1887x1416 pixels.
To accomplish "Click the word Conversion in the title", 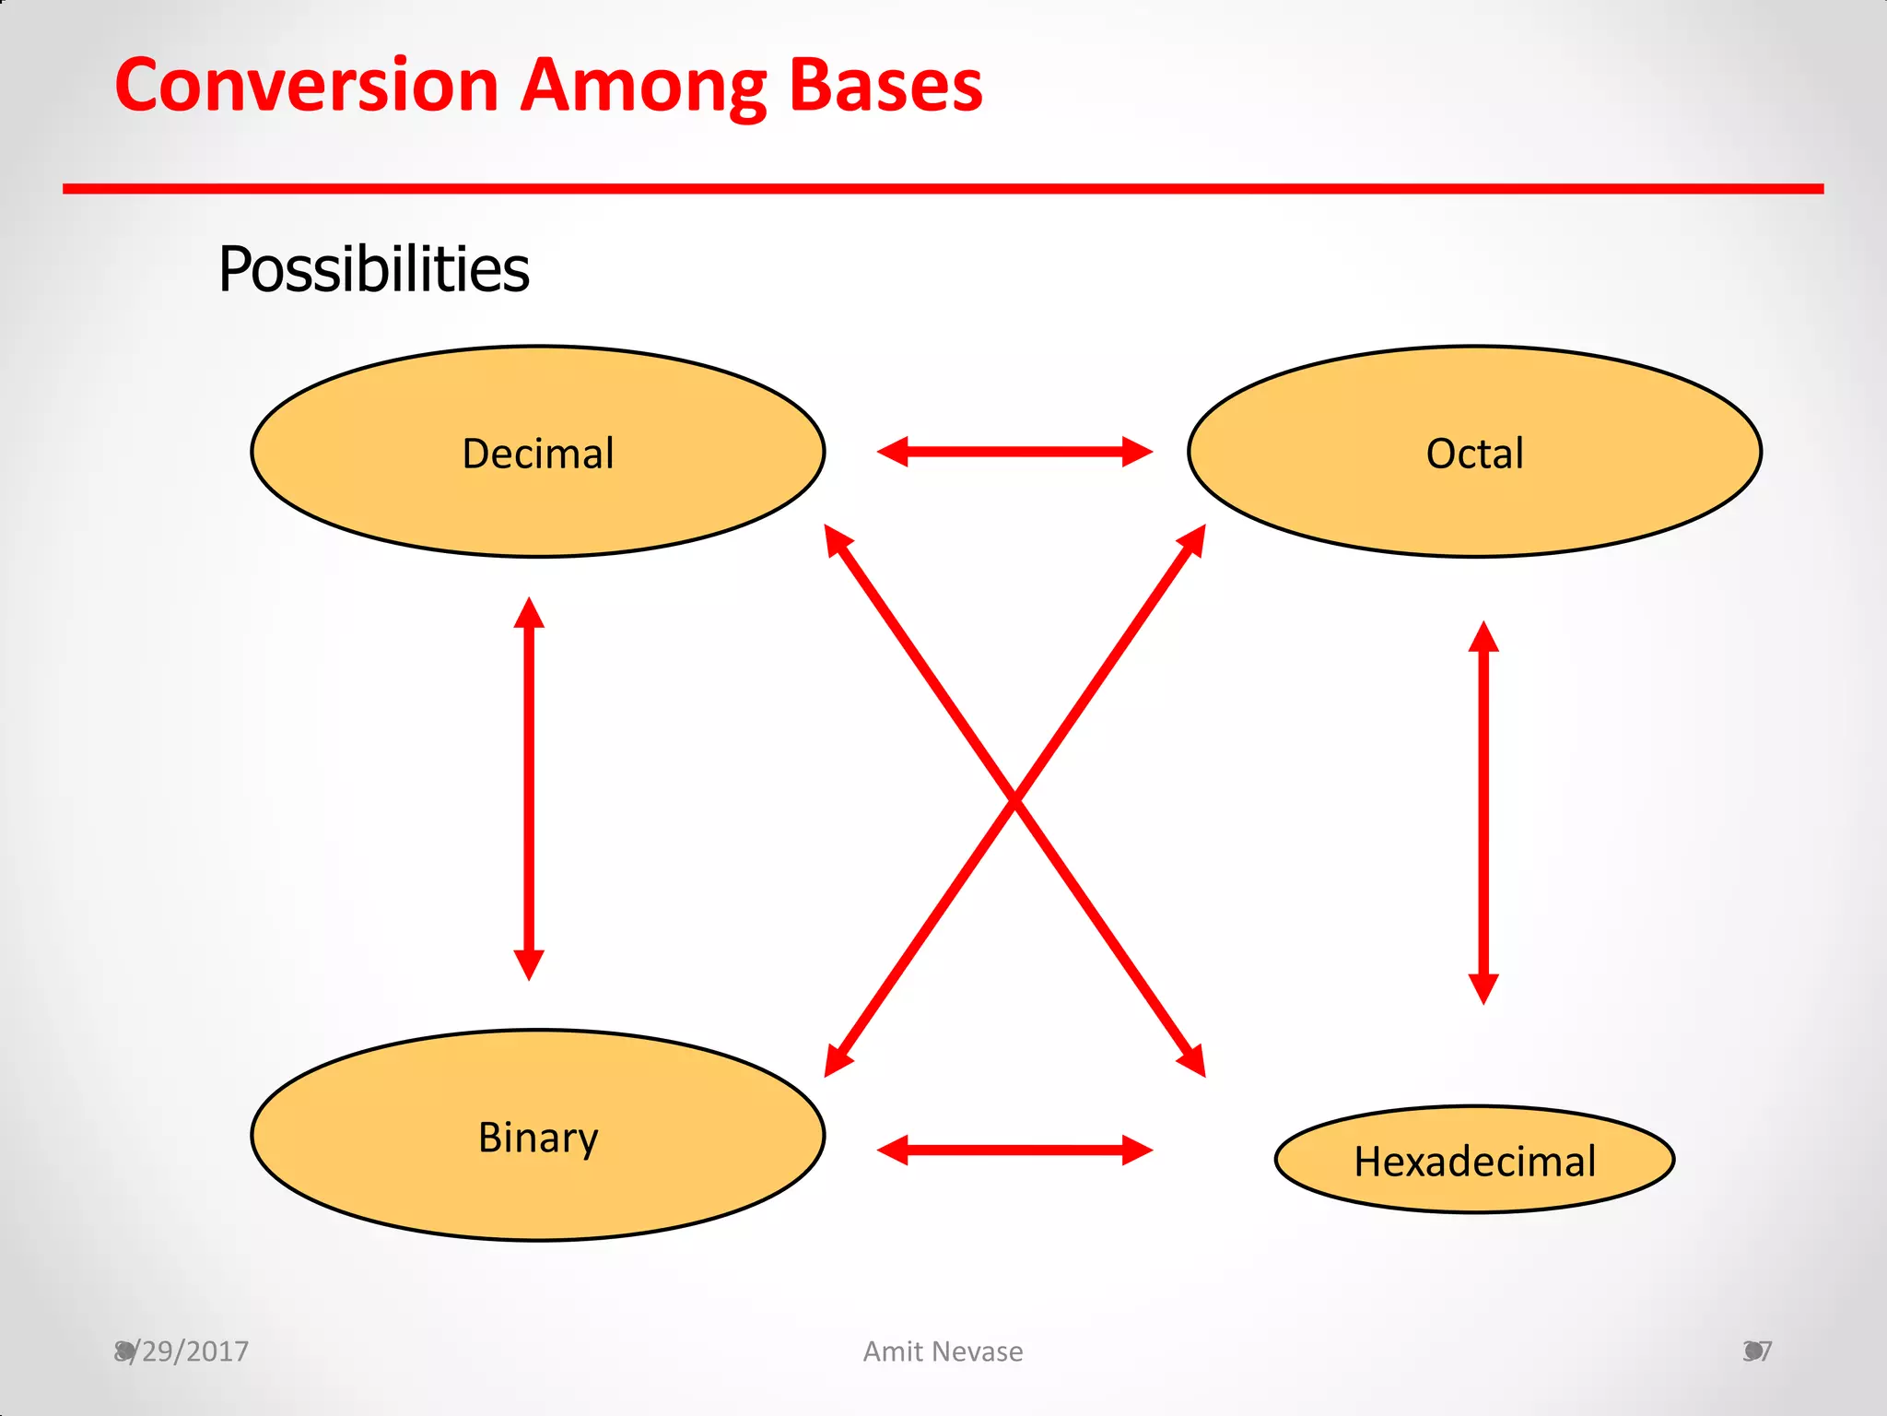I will [306, 86].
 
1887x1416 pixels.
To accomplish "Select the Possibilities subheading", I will [373, 269].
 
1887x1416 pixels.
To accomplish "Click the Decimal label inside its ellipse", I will [538, 454].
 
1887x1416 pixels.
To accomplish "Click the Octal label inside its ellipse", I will [1474, 454].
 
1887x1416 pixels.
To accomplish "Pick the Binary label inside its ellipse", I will [538, 1138].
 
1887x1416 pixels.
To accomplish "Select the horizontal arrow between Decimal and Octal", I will [1014, 452].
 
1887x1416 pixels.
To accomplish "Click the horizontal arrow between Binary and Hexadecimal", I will [1014, 1150].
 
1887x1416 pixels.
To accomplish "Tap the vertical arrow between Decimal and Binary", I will [529, 788].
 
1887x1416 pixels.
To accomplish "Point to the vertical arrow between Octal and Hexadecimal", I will [1483, 811].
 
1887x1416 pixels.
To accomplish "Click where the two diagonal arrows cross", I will [1014, 800].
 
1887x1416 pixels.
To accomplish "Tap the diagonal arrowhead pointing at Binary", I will [836, 1062].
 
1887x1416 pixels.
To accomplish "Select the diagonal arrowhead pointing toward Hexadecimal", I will [1194, 1062].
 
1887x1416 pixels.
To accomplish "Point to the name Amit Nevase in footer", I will [943, 1351].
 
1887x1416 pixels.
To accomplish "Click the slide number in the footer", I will [1757, 1351].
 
